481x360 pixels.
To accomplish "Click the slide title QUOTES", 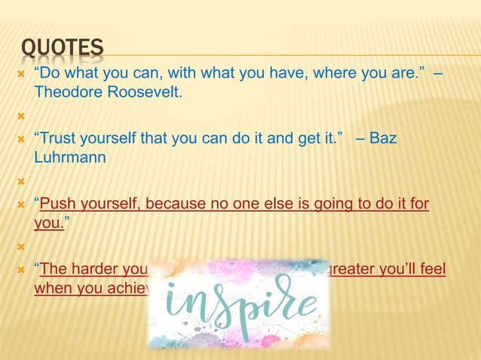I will coord(62,49).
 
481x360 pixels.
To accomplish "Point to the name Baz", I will coord(382,139).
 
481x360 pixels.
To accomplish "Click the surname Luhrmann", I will coord(69,159).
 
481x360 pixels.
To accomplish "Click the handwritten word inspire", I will coord(240,303).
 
